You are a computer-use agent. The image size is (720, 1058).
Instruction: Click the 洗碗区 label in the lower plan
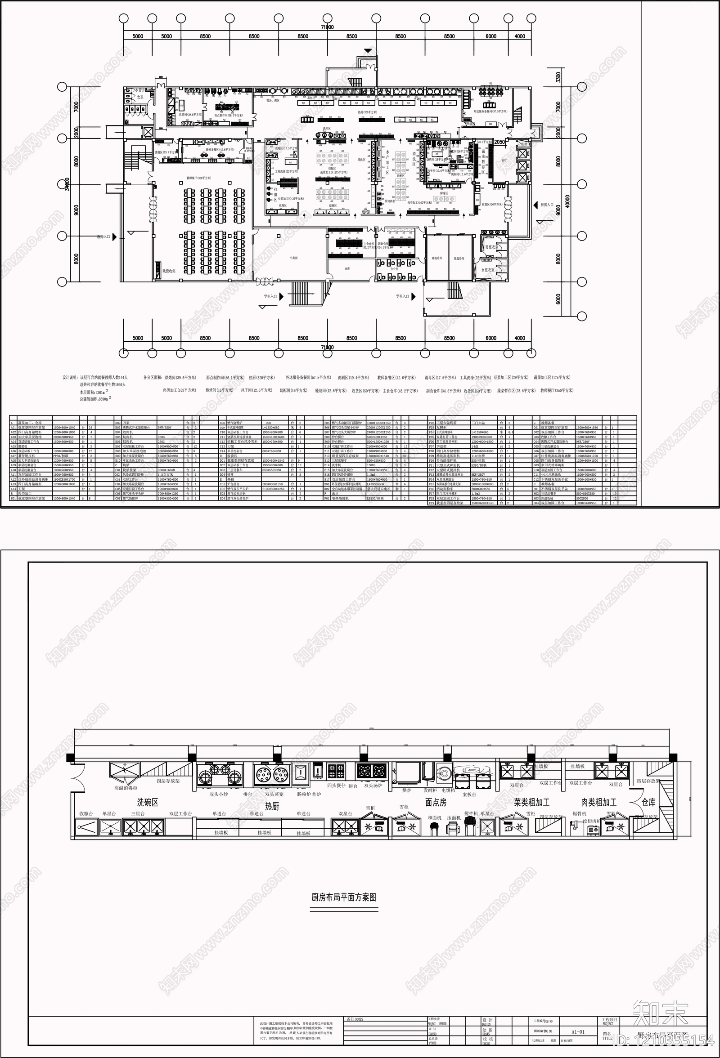tap(147, 802)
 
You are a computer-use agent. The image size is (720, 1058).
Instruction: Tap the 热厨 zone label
tap(272, 806)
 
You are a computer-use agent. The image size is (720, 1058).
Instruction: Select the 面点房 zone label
tap(436, 802)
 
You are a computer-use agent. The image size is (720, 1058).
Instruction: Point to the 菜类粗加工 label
tap(531, 802)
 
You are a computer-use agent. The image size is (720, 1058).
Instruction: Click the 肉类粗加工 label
tap(598, 802)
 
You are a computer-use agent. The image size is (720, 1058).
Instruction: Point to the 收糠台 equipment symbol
tap(85, 827)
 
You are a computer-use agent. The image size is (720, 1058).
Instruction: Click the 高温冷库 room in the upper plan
tap(437, 258)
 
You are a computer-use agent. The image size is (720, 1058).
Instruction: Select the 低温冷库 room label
tap(459, 258)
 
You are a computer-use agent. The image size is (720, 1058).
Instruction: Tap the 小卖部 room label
tap(293, 258)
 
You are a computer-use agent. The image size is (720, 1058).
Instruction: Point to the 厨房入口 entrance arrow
tap(536, 205)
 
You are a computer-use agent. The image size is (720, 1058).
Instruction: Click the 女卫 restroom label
tap(139, 97)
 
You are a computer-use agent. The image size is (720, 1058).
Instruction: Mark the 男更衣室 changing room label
tap(491, 247)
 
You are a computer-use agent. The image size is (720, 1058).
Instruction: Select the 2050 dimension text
tap(499, 142)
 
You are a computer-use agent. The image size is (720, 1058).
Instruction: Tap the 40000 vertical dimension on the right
tap(567, 202)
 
